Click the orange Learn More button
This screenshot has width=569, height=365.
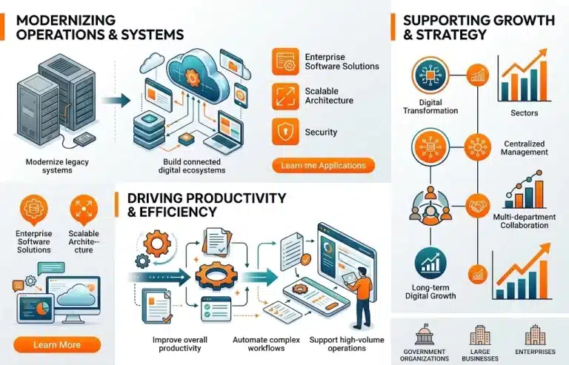[57, 345]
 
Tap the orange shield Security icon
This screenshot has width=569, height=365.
[285, 132]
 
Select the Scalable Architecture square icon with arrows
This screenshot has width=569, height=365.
[285, 96]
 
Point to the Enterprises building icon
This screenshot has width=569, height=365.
[535, 335]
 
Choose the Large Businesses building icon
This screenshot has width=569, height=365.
[480, 335]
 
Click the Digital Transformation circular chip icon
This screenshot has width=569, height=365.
[430, 76]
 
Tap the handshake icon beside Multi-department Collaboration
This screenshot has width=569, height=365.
[478, 206]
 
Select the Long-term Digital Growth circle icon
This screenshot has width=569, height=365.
[430, 264]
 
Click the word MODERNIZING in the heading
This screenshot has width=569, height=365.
[66, 20]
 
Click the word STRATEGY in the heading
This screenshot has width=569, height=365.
[451, 35]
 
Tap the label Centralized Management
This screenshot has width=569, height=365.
[525, 148]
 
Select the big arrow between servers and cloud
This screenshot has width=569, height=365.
[116, 101]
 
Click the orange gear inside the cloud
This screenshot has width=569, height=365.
[192, 77]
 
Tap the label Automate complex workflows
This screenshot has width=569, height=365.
[267, 344]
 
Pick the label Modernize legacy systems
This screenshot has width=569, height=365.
[57, 166]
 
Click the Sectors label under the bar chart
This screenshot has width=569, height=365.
[525, 113]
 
